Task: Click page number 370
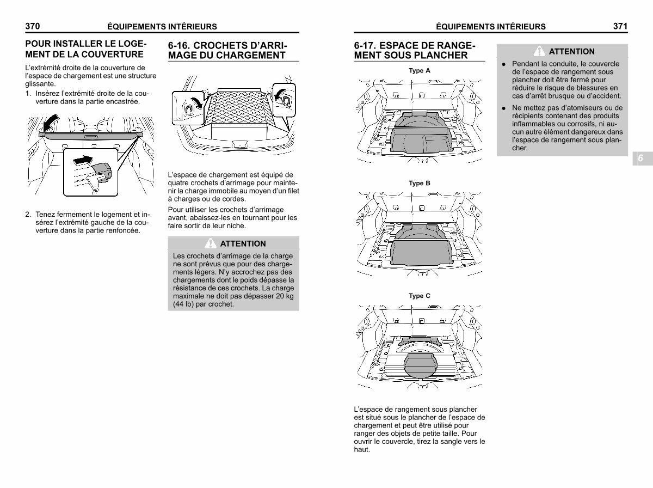[x=33, y=26]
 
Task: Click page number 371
[x=620, y=26]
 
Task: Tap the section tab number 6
[x=640, y=158]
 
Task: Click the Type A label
[x=420, y=71]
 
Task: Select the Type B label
[x=420, y=183]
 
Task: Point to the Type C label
[x=420, y=296]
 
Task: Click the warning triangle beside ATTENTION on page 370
[x=211, y=243]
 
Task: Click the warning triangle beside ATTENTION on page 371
[x=539, y=51]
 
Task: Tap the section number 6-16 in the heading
[x=179, y=46]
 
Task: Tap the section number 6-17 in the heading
[x=365, y=46]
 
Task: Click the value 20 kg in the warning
[x=285, y=296]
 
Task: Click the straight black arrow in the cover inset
[x=83, y=160]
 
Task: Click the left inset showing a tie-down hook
[x=188, y=108]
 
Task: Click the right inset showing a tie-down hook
[x=284, y=100]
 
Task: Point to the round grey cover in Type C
[x=420, y=365]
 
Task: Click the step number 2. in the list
[x=28, y=215]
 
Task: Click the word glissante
[x=40, y=84]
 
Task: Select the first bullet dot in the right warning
[x=504, y=64]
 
